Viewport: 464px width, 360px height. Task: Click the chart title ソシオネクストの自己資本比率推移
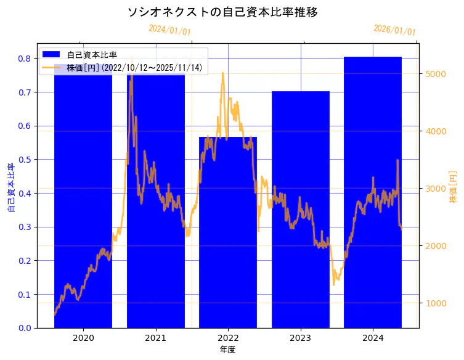tap(222, 12)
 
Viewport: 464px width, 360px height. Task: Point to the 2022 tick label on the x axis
tap(228, 338)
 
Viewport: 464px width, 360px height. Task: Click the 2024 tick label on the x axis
tap(373, 338)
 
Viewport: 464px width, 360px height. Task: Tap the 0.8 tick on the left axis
tap(25, 59)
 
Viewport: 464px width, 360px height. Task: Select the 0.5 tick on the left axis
tap(25, 160)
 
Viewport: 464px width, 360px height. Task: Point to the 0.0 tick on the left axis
tap(25, 328)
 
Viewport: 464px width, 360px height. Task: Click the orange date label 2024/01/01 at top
tap(169, 30)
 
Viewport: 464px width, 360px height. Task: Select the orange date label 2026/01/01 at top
tap(394, 30)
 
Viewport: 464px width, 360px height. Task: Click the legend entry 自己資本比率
tap(92, 55)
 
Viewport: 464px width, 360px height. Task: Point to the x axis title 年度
tap(228, 350)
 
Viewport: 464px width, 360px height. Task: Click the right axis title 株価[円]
tap(453, 186)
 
